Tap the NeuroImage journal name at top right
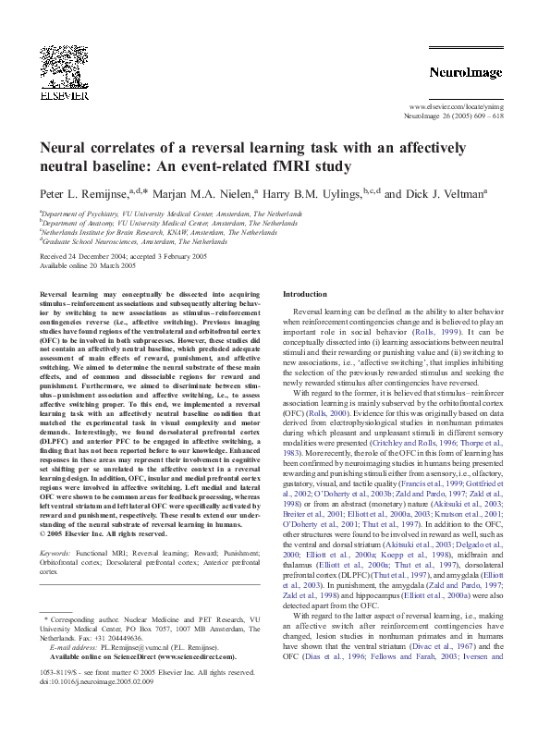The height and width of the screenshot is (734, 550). tap(465, 72)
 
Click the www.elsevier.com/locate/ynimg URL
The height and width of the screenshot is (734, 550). tap(455, 107)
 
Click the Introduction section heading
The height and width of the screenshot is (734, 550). tap(305, 293)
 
